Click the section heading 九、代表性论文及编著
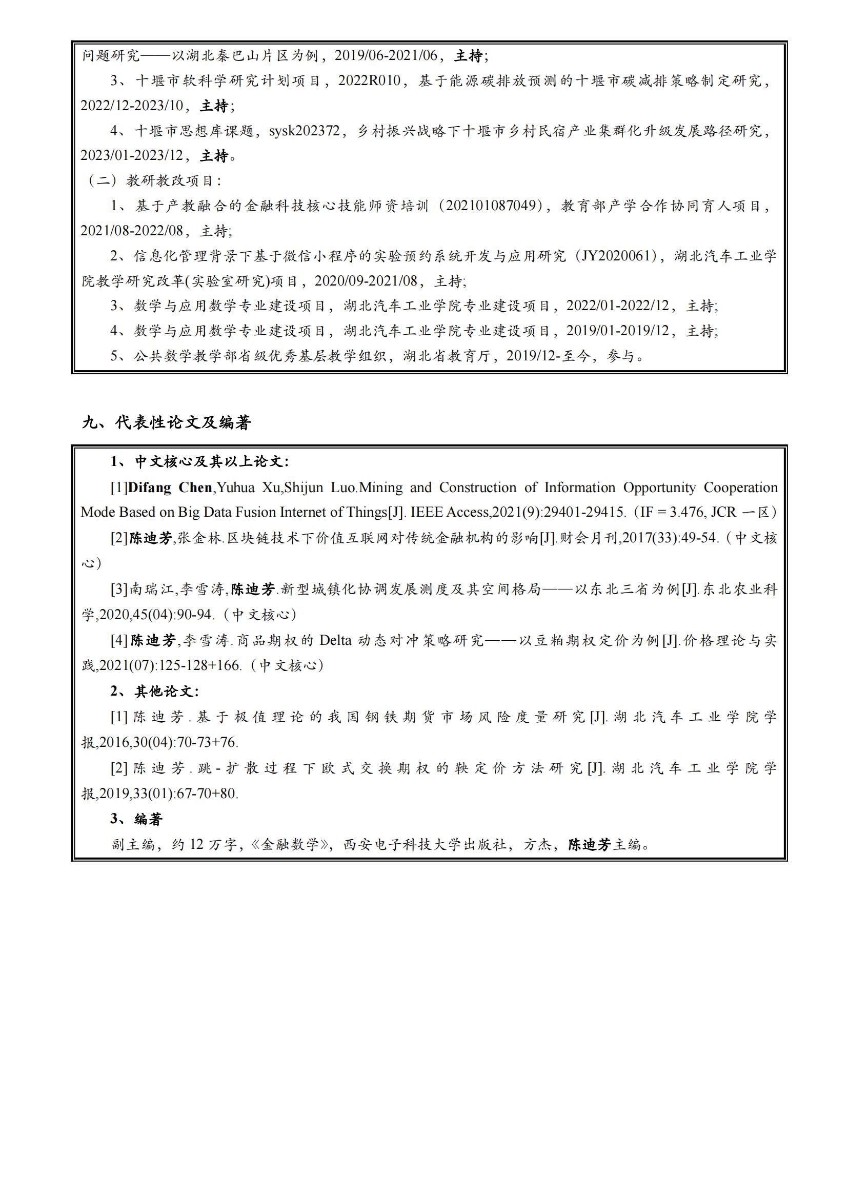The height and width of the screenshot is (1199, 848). (x=167, y=422)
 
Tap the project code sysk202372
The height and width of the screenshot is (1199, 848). (x=304, y=131)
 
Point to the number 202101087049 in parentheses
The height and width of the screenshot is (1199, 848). (x=491, y=206)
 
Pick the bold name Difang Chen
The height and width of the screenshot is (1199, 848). (x=170, y=487)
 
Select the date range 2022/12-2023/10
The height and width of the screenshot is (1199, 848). (x=132, y=106)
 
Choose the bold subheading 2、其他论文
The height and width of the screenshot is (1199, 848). (x=154, y=692)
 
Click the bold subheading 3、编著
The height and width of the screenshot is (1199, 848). (x=136, y=819)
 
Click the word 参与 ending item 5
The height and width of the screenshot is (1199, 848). (x=621, y=356)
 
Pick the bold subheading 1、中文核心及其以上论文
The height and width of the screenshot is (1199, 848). (x=199, y=462)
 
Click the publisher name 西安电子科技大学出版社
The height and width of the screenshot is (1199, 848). (x=426, y=844)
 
